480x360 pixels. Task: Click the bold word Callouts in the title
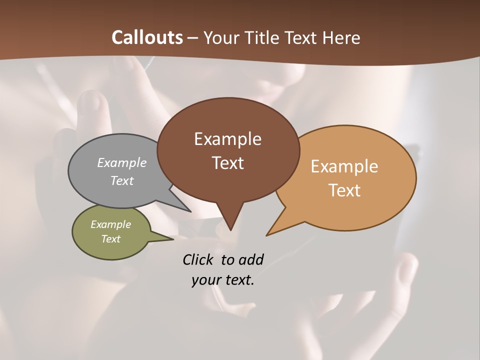point(147,38)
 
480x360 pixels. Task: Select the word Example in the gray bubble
point(122,162)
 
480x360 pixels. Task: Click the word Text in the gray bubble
point(122,180)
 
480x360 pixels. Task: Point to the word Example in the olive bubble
point(110,224)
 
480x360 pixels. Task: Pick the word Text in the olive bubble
point(110,239)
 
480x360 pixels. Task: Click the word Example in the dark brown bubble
point(227,139)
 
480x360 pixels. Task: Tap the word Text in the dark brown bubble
point(227,163)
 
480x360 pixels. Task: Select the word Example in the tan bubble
point(344,166)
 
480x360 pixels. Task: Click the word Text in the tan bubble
point(344,190)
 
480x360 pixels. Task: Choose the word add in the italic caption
point(251,259)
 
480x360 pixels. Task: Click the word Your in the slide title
point(220,38)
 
